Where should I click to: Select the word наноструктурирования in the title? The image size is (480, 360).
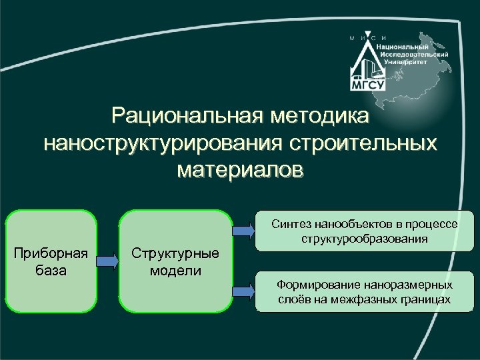point(163,143)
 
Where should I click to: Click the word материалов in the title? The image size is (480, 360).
point(240,169)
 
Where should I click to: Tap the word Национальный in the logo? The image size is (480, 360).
point(402,47)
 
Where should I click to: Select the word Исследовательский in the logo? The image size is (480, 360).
point(413,53)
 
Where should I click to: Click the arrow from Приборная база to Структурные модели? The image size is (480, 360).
point(108,261)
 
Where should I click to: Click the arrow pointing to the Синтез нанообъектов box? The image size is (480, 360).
point(243,231)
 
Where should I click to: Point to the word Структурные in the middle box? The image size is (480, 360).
point(175,254)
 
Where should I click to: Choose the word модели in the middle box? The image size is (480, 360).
point(175,271)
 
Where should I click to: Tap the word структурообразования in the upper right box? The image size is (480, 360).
point(365,238)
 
